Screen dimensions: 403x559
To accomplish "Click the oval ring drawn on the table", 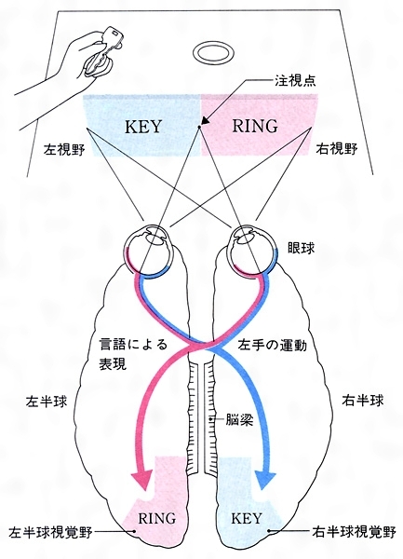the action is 213,45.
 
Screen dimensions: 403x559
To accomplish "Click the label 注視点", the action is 295,80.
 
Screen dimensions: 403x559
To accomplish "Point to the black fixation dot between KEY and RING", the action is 200,126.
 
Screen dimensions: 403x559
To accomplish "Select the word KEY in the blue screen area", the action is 143,127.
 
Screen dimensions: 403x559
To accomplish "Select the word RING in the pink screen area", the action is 255,126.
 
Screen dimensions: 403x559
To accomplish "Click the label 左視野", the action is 64,150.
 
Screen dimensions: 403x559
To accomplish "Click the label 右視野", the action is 337,149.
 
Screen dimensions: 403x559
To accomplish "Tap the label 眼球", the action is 302,249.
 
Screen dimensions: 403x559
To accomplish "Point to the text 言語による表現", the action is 133,355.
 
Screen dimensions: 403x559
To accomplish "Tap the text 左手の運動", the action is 273,346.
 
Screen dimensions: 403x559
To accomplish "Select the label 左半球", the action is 47,402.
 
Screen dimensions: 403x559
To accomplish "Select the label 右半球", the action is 363,401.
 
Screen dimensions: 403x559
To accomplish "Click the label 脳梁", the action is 239,419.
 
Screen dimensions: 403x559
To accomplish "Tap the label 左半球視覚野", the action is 50,532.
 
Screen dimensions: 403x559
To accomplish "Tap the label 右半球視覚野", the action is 354,532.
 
